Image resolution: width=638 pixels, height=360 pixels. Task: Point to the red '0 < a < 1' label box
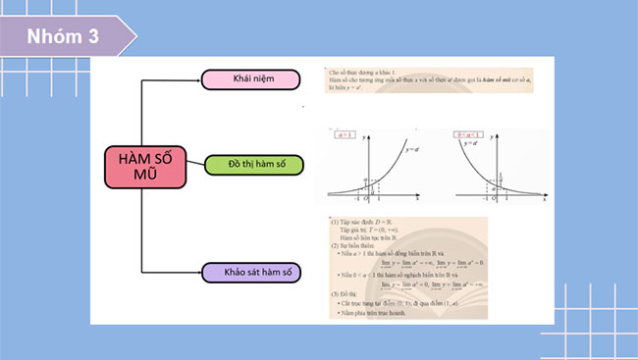point(472,135)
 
